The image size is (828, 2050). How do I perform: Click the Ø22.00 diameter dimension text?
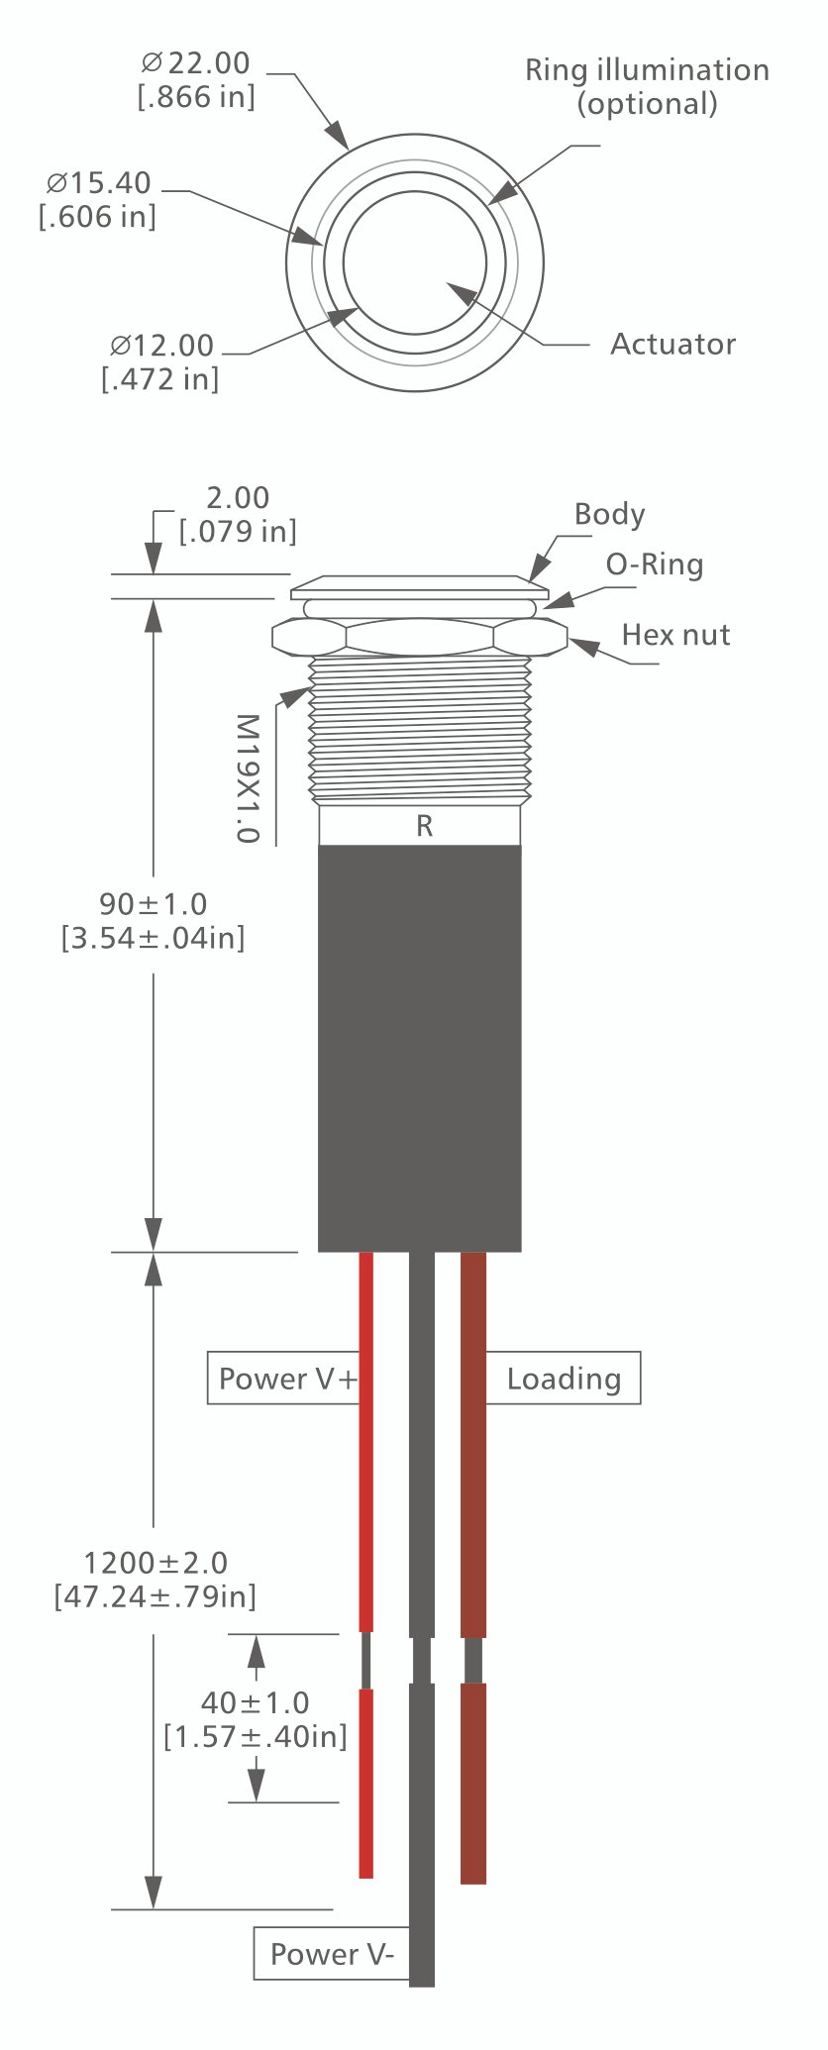click(x=198, y=79)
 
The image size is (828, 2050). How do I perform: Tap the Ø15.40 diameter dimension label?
click(x=99, y=199)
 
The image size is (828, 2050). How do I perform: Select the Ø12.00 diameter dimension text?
click(x=161, y=361)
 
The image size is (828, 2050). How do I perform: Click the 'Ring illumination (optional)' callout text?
click(x=647, y=86)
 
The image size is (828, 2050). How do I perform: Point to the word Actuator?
click(x=673, y=344)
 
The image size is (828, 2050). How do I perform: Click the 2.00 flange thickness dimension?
click(x=238, y=514)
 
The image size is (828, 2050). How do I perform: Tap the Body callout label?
click(x=609, y=514)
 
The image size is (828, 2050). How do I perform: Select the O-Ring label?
click(x=655, y=564)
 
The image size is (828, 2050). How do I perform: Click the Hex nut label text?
click(x=675, y=634)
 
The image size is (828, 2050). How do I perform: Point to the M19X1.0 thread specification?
click(x=248, y=778)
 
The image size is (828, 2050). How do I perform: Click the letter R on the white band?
click(x=424, y=826)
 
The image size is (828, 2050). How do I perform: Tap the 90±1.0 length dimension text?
click(x=154, y=920)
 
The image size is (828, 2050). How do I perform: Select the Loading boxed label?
click(x=564, y=1379)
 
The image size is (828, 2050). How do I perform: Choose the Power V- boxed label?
click(x=331, y=1954)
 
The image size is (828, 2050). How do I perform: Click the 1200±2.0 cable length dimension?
click(x=155, y=1580)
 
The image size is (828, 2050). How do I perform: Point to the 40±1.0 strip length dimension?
click(x=256, y=1719)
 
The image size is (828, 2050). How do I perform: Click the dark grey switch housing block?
click(x=420, y=1048)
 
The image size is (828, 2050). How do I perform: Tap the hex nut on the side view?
click(x=420, y=636)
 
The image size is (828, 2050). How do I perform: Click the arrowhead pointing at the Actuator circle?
click(x=459, y=289)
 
